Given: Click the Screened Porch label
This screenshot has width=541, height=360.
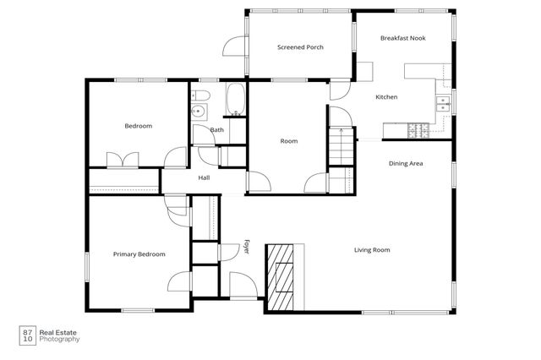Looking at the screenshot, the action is (300, 47).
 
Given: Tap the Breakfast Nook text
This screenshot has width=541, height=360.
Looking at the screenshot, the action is (402, 38).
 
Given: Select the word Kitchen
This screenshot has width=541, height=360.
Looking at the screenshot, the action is (386, 97).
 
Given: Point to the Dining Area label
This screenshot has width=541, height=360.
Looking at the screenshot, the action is (406, 163).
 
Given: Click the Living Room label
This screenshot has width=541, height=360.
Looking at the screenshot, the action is (372, 249).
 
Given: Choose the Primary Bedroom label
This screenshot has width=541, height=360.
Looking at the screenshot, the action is (139, 254).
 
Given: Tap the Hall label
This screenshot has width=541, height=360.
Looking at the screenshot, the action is (204, 178).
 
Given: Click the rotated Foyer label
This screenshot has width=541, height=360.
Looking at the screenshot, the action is (246, 247).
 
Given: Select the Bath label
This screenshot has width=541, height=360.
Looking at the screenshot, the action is (217, 129).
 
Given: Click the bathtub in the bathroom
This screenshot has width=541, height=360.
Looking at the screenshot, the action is (236, 100).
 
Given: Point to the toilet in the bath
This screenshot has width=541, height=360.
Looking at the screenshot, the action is (200, 95).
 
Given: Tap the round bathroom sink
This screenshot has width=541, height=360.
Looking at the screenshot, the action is (198, 111).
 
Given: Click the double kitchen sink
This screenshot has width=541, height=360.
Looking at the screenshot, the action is (443, 104).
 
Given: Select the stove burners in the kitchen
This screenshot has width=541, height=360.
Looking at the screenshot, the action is (418, 131).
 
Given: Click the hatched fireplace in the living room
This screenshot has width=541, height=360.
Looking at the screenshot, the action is (280, 277).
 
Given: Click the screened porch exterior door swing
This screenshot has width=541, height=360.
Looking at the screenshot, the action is (234, 46).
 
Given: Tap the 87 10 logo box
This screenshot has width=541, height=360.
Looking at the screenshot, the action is (28, 335).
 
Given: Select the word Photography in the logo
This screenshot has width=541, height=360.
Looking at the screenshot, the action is (59, 340).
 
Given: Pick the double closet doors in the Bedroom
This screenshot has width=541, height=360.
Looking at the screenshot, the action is (123, 160).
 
